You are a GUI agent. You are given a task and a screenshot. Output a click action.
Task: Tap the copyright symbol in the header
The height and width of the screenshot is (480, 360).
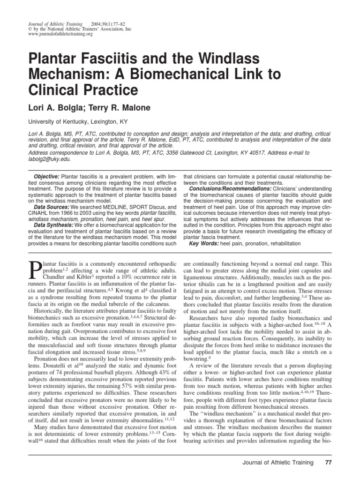[30, 29]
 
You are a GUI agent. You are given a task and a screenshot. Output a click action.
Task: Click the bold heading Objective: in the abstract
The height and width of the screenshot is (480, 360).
[46, 175]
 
